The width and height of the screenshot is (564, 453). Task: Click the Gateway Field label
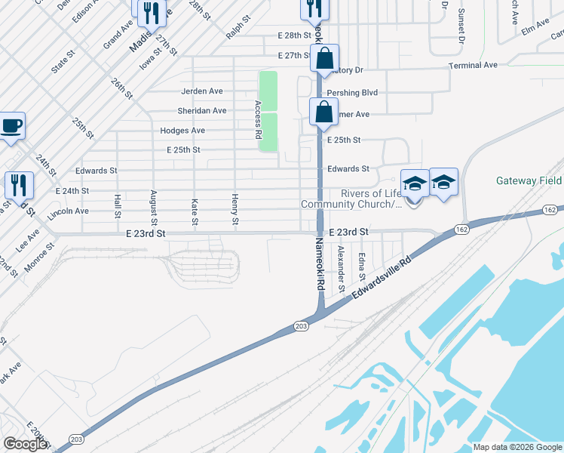[529, 181]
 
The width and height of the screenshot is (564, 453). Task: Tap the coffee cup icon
[11, 126]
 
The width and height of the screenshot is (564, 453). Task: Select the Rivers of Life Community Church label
[351, 199]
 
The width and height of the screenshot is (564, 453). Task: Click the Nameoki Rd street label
[320, 265]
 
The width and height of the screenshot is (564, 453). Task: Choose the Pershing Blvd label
[351, 92]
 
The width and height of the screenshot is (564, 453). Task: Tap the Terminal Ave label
[473, 66]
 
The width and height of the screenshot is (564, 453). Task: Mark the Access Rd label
[258, 119]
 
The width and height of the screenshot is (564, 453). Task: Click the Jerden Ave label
[201, 91]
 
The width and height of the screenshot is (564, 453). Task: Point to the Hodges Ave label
[182, 131]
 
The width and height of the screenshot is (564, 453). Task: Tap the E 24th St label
[72, 192]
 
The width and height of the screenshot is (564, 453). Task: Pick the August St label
[153, 208]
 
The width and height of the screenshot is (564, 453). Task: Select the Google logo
[26, 443]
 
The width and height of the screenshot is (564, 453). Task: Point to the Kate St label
[195, 212]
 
